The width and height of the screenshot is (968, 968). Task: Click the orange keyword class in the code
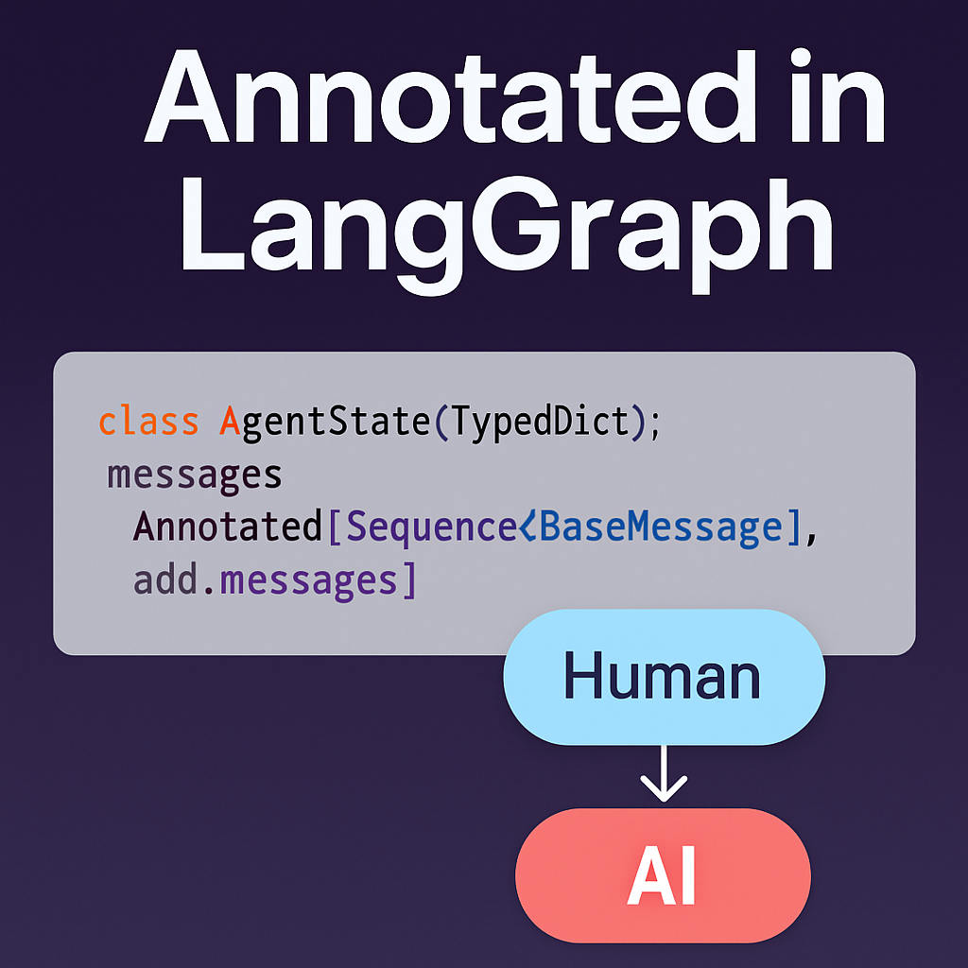click(148, 421)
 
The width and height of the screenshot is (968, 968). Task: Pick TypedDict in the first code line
click(539, 422)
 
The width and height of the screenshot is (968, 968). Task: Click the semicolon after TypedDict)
click(654, 423)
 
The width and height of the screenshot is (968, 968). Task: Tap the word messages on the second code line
click(195, 474)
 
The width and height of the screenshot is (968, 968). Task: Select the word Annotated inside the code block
click(228, 527)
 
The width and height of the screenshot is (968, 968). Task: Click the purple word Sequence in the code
click(431, 527)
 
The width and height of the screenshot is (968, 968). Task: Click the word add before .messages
click(171, 579)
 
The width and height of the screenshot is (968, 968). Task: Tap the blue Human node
click(664, 678)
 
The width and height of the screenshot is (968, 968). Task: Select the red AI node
click(663, 875)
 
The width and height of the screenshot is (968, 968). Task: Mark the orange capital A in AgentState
click(228, 421)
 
